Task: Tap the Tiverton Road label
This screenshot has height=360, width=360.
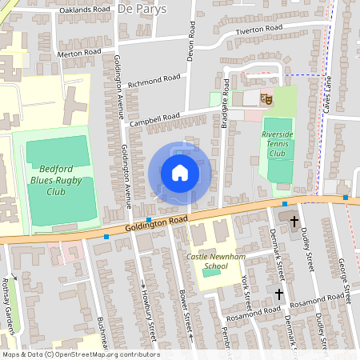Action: [x=258, y=30]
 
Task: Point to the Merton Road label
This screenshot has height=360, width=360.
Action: [x=79, y=53]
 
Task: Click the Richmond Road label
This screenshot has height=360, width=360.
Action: [x=154, y=81]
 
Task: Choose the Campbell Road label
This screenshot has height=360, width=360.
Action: [x=154, y=118]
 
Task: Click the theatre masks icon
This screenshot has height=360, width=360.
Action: [x=266, y=98]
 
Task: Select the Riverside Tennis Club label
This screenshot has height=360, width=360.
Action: [x=278, y=143]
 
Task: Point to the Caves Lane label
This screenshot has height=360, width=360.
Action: [x=326, y=94]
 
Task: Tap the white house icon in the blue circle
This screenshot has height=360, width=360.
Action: [x=179, y=172]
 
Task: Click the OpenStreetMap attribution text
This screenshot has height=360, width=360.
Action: [x=80, y=354]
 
